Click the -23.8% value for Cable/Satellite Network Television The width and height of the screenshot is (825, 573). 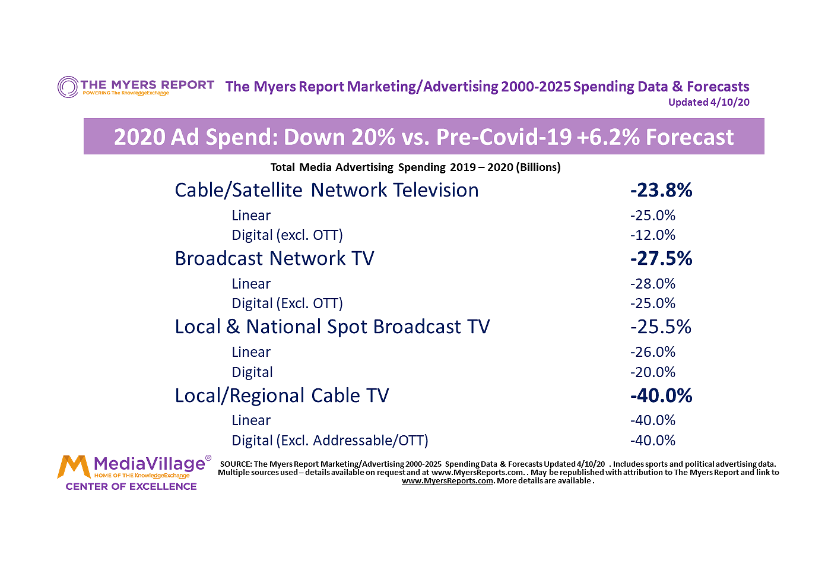661,190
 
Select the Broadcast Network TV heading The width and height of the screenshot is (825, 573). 274,258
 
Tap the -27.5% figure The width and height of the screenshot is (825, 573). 661,258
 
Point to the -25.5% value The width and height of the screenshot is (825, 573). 661,327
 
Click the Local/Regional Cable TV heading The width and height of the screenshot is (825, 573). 282,395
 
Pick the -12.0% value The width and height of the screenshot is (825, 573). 653,235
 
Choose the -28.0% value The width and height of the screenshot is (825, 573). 653,284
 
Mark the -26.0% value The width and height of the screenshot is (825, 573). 653,352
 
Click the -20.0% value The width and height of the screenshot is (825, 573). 653,372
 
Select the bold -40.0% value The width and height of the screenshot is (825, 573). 661,395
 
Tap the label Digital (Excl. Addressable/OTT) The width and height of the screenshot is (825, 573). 330,441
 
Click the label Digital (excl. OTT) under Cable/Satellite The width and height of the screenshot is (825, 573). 287,235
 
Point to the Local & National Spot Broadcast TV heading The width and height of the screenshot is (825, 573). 332,327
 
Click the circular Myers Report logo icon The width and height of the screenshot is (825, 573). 68,87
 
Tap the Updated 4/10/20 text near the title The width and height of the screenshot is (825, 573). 709,102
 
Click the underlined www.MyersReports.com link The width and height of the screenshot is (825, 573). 448,481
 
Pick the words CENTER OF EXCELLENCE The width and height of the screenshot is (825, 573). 131,486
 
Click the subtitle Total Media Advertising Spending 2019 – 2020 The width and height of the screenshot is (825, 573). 415,167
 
